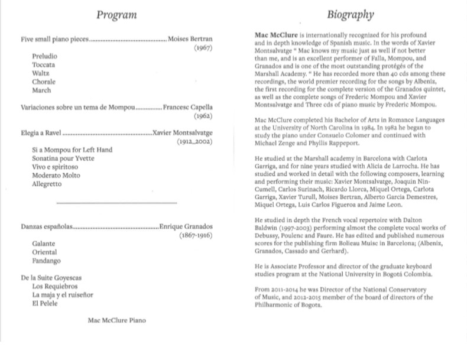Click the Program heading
[116, 15]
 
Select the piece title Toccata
[44, 64]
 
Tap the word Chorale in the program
[44, 82]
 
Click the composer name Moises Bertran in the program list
[190, 39]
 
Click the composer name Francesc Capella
[187, 108]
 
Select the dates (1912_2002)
[194, 142]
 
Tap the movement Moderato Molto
[58, 176]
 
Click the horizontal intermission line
[116, 203]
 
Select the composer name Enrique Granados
[186, 226]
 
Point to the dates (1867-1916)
[196, 235]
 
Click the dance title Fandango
[47, 260]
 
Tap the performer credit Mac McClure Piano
[116, 320]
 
